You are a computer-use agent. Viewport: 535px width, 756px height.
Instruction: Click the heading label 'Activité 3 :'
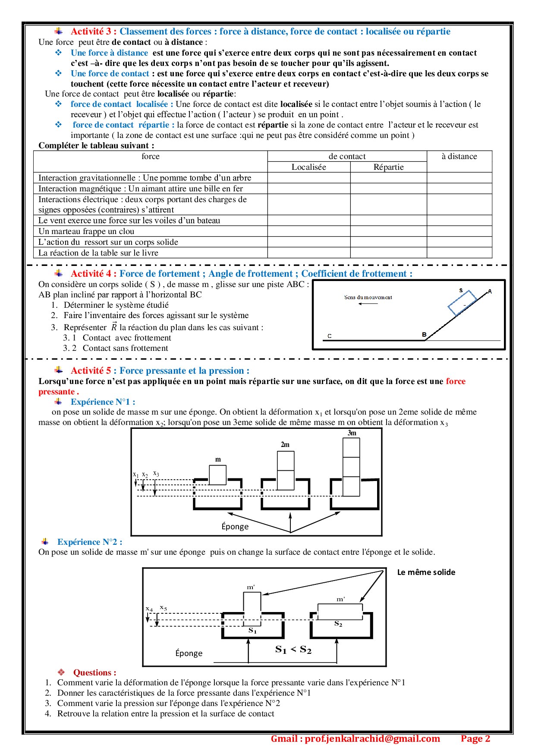tap(93, 31)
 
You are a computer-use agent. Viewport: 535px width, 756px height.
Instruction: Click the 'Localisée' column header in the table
tap(308, 167)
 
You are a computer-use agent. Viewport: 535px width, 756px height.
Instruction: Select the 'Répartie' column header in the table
tap(388, 167)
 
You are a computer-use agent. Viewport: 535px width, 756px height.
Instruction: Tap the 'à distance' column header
tap(459, 156)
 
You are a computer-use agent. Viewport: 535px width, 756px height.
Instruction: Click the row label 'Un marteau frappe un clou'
tap(86, 231)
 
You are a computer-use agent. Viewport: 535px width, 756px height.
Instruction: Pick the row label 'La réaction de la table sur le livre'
tap(98, 253)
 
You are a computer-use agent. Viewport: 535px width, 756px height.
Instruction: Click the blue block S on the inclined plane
tap(462, 303)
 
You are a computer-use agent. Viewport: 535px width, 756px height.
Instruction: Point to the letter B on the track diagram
tap(424, 334)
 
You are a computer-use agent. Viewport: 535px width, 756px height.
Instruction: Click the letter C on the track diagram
tap(329, 336)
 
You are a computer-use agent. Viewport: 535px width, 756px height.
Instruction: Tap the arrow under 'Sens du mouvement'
tap(368, 304)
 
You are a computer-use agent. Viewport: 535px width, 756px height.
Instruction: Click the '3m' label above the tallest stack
tap(352, 433)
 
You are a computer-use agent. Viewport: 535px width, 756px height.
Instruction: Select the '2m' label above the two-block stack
tap(285, 445)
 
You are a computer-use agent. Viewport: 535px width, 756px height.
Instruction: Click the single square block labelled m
tap(217, 475)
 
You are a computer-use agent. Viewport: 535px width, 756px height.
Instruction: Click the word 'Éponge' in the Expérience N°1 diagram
tap(235, 527)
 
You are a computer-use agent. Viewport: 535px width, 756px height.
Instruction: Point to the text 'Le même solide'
tap(426, 572)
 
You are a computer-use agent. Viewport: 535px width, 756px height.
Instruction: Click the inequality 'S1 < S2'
tap(293, 650)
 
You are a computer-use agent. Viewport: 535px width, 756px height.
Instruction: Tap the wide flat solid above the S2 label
tap(340, 612)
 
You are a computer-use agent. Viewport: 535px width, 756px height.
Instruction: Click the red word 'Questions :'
tap(94, 672)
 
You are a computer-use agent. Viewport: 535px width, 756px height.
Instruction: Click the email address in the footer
tap(355, 739)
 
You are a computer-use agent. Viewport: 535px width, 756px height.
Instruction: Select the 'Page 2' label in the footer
tap(475, 739)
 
